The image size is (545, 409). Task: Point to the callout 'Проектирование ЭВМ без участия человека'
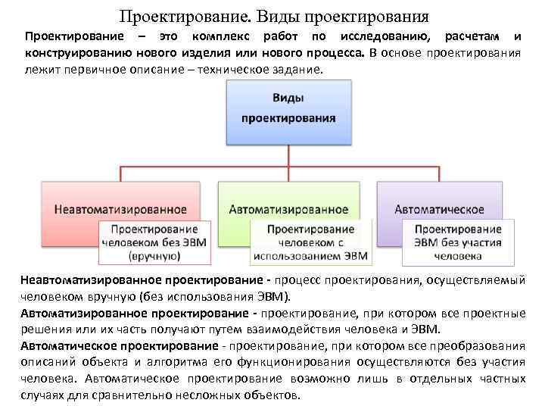click(x=458, y=242)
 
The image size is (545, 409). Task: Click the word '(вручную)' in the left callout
click(x=154, y=257)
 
